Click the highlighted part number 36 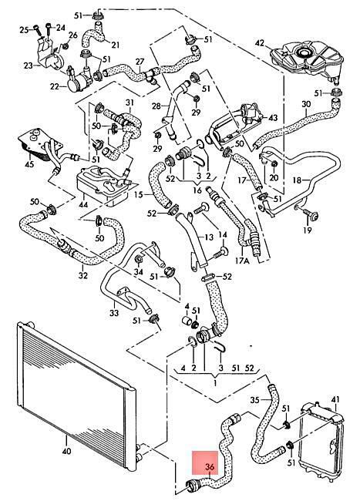pos(210,467)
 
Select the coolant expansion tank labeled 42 pos(306,62)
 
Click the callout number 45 pos(29,164)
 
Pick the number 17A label pos(242,261)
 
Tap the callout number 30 pos(306,104)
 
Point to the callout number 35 pos(255,400)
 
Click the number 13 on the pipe pos(209,237)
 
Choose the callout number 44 pos(83,204)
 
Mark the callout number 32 pos(82,274)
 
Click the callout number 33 pos(114,313)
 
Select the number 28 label pos(156,106)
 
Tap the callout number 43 pos(273,118)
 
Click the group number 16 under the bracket pos(197,190)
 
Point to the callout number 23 pos(28,66)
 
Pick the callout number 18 pos(297,180)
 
